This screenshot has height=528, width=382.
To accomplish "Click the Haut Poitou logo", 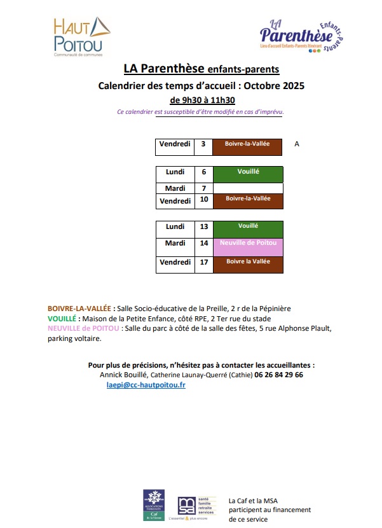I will (81, 36).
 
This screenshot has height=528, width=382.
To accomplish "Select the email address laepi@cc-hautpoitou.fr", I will (146, 385).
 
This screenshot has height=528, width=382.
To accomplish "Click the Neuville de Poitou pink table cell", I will (248, 247).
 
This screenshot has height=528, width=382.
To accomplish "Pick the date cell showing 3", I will (203, 144).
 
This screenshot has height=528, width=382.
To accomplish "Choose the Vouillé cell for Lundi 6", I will (248, 173).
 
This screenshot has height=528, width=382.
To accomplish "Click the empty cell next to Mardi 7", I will (248, 188).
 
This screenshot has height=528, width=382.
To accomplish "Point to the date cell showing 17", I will (203, 264).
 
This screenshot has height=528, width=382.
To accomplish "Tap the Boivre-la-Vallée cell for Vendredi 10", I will (248, 201).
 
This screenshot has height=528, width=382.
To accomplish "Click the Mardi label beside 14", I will (175, 243).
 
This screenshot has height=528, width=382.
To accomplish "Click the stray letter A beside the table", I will (297, 144).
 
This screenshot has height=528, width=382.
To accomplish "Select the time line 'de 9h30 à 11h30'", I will (203, 100).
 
